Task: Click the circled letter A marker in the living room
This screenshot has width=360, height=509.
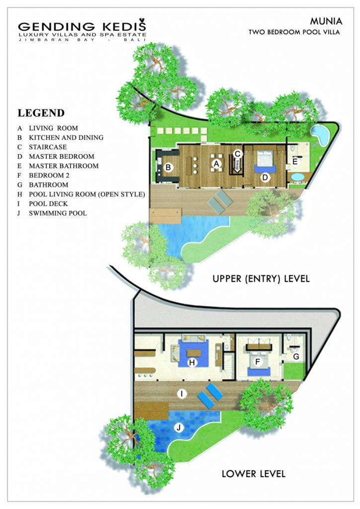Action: (216, 164)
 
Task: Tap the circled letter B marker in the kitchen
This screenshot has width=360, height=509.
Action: (168, 168)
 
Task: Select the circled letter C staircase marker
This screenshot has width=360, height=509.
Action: (237, 154)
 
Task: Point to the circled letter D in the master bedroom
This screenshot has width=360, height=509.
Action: (265, 177)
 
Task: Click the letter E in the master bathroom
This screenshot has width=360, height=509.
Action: (295, 162)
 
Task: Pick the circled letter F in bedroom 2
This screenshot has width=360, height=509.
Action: (258, 362)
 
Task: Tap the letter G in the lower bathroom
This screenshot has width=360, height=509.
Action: (296, 357)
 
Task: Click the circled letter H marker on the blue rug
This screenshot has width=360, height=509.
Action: (192, 362)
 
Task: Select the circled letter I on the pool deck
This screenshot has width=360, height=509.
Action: (182, 394)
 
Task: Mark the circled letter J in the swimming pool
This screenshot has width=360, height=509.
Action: (179, 427)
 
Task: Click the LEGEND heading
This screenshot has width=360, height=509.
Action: (41, 113)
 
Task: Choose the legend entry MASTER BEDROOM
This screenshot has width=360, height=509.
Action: (61, 157)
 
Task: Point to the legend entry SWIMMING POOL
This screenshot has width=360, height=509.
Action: (58, 213)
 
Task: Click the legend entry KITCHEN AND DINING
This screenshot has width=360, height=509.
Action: (66, 138)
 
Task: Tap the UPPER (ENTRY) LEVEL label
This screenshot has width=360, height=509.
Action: (261, 278)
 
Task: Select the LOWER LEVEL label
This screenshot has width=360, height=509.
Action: (253, 474)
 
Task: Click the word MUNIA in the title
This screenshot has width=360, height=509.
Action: (326, 21)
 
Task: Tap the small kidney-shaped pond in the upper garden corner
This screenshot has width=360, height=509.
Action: (320, 135)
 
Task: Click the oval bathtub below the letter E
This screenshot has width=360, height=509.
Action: (297, 177)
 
